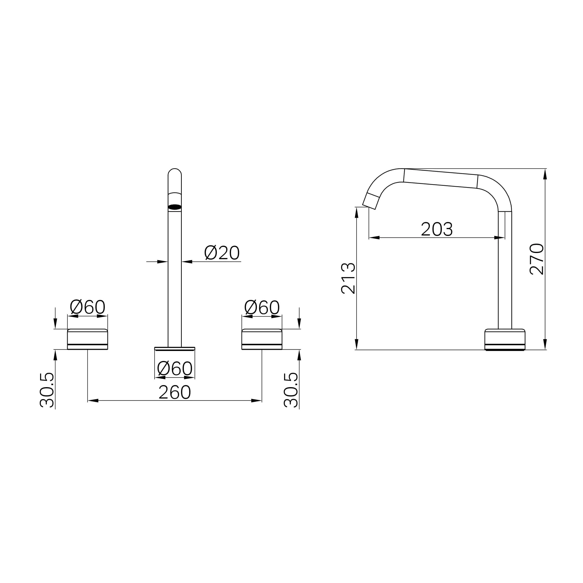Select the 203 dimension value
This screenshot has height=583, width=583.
click(x=437, y=229)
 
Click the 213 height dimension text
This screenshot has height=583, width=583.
click(x=348, y=278)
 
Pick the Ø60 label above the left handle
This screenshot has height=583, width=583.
click(x=87, y=307)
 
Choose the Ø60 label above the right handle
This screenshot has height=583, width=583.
click(x=262, y=307)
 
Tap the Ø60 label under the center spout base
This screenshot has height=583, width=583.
click(x=175, y=368)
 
